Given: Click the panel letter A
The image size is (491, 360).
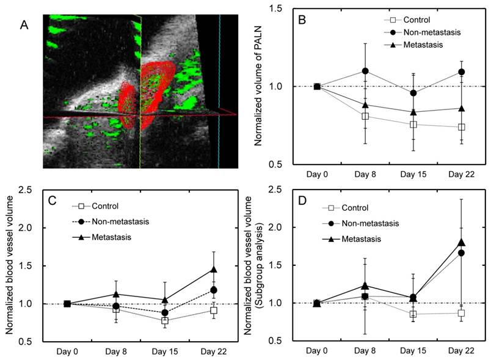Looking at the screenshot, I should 24,25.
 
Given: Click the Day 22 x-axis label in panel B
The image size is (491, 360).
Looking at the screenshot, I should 461,174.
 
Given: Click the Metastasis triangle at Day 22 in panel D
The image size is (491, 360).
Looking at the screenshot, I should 462,242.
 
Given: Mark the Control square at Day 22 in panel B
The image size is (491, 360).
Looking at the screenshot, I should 462,127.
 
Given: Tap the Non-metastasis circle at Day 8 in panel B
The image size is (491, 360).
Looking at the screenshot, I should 365,71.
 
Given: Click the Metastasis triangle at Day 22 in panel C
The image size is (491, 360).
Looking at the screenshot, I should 213,269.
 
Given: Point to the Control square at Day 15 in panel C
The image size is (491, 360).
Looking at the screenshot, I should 164,320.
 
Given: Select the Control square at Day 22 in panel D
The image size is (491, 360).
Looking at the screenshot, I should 462,313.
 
